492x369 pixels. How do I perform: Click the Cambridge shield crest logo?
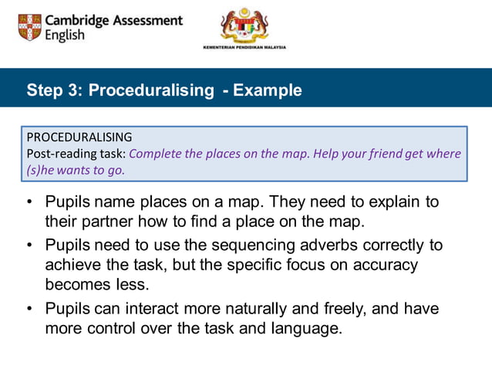pos(29,27)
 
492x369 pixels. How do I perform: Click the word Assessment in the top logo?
pos(147,20)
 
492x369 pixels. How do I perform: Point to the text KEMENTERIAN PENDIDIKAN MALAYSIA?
pos(244,47)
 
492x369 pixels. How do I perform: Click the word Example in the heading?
pos(268,90)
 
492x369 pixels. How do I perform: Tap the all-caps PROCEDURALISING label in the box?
pos(79,137)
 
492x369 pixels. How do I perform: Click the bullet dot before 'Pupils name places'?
pos(29,202)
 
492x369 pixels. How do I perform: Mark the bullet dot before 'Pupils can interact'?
pos(29,309)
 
